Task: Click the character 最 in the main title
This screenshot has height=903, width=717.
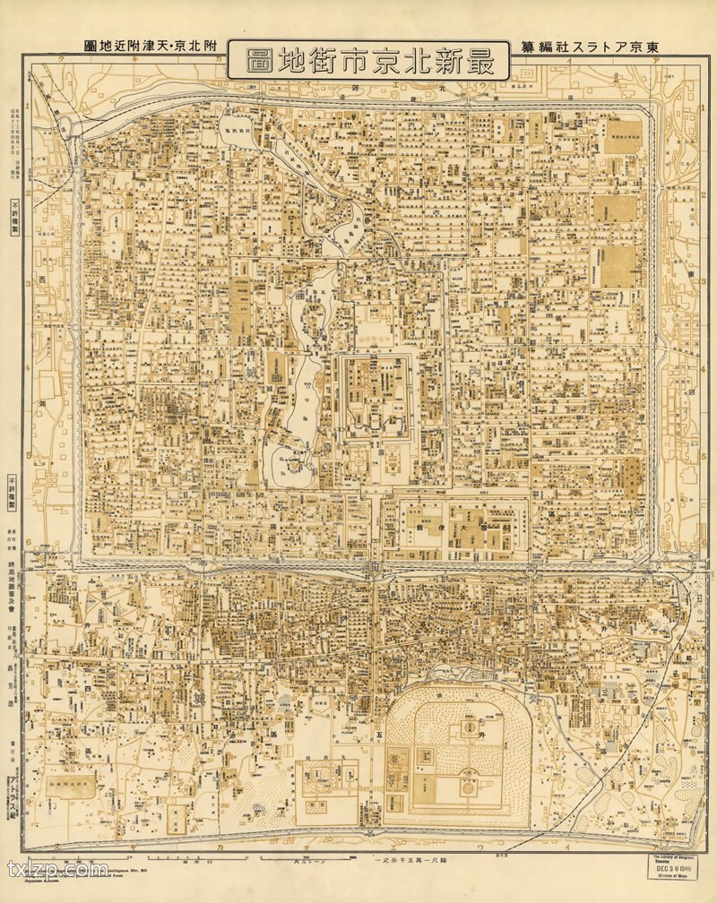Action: [x=485, y=60]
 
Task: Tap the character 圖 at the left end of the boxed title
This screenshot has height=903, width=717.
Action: [x=250, y=60]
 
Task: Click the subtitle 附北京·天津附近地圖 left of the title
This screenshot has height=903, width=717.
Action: [x=149, y=47]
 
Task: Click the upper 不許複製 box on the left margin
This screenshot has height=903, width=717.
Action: [x=14, y=217]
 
